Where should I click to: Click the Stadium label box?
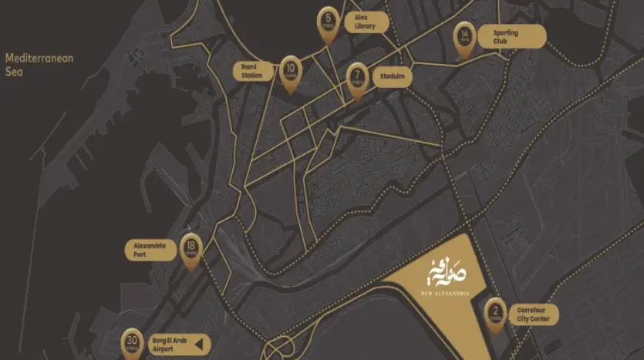point(391,77)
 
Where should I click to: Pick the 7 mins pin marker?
point(356,79)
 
